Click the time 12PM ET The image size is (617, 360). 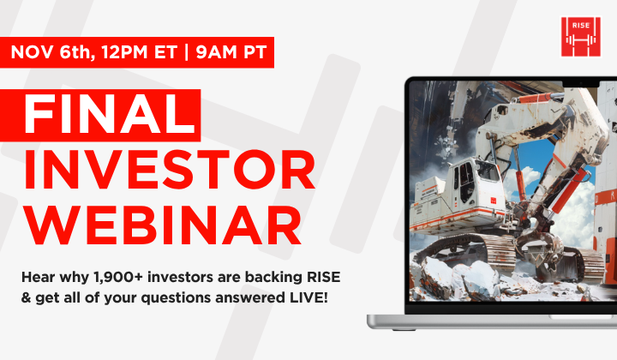(130, 51)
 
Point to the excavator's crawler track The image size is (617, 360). (480, 253)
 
